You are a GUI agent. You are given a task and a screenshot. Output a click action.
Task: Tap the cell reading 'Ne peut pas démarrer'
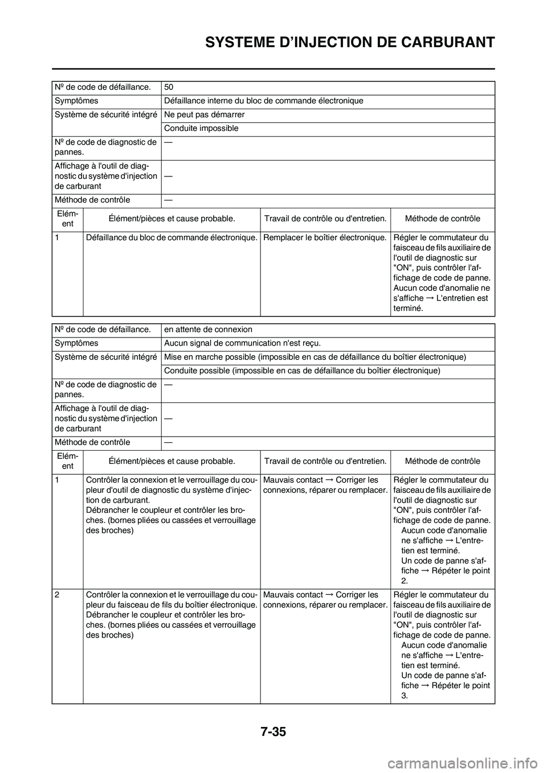click(197, 115)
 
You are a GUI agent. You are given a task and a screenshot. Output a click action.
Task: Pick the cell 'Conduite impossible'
click(201, 129)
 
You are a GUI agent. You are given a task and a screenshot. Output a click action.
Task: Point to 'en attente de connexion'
click(208, 330)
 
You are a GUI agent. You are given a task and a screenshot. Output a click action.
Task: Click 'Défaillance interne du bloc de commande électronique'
click(264, 101)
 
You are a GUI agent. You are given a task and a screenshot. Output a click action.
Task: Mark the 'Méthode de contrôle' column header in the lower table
click(442, 461)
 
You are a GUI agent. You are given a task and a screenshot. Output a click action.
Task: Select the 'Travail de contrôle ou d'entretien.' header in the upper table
click(325, 219)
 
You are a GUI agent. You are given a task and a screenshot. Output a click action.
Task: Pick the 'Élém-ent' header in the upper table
click(67, 219)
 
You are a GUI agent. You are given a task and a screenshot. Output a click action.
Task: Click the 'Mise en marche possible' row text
click(315, 357)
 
